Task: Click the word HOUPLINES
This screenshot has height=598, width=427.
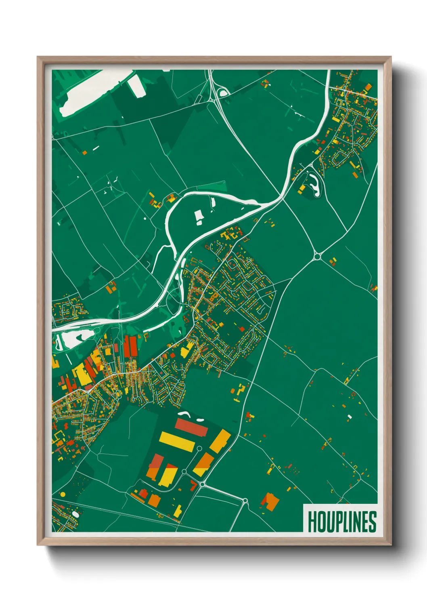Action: click(342, 522)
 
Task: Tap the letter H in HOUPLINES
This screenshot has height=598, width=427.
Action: click(312, 522)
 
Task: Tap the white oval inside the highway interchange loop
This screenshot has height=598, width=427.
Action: click(223, 93)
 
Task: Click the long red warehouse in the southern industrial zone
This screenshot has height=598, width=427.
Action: click(191, 427)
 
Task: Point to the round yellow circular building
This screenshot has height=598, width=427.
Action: click(63, 494)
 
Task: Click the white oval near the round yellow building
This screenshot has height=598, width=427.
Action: click(75, 514)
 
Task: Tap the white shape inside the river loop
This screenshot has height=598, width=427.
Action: click(199, 217)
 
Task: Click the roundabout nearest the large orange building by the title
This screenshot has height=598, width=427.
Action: click(245, 501)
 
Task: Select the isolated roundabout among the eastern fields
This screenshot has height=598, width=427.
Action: click(317, 256)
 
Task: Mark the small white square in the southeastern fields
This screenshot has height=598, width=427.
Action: click(350, 417)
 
